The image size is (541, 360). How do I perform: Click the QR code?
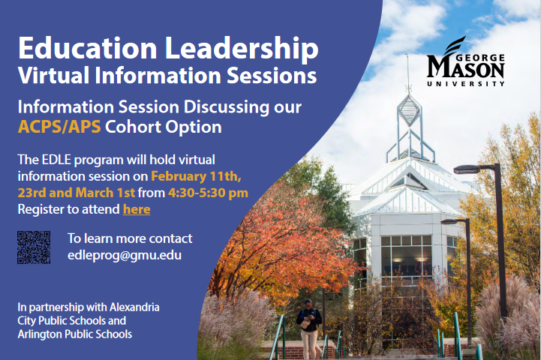[34, 247]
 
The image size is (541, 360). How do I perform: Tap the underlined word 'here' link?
[137, 209]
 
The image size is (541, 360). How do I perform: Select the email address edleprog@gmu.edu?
[125, 256]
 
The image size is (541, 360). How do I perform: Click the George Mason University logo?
[466, 61]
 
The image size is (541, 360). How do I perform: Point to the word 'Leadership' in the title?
[242, 48]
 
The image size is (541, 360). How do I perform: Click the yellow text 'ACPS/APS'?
[59, 127]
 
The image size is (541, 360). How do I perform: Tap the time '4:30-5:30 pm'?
[208, 193]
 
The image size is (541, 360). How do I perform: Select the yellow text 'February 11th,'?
[197, 176]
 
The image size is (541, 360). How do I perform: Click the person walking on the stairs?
[309, 328]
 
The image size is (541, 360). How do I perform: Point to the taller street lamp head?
[467, 169]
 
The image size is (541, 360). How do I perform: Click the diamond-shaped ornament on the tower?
[409, 110]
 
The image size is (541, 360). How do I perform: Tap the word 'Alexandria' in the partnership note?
[134, 307]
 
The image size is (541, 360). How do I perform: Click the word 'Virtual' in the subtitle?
[54, 76]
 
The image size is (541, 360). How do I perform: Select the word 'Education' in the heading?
[88, 48]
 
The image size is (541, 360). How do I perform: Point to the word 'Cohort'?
[133, 127]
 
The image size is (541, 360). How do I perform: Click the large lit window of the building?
[406, 256]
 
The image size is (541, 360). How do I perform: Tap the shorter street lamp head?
[450, 221]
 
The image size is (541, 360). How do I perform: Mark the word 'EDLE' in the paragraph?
[56, 160]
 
